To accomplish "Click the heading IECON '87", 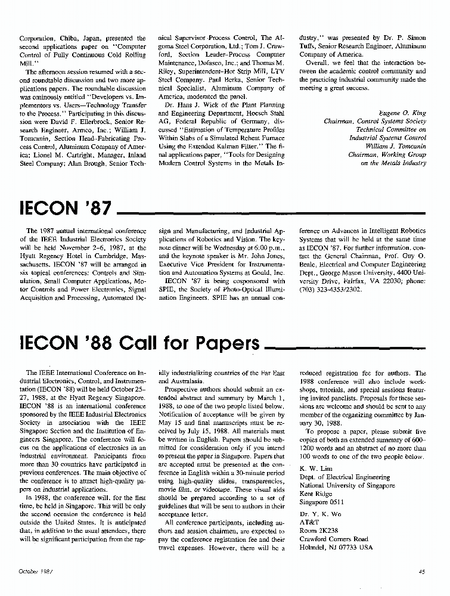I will point(66,209).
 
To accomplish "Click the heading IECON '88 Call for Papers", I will point(140,343).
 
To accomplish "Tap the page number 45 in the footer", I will point(422,571).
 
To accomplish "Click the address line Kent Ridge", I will point(315,493).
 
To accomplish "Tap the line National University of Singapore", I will point(347,485).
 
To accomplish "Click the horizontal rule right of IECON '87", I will point(271,213).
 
